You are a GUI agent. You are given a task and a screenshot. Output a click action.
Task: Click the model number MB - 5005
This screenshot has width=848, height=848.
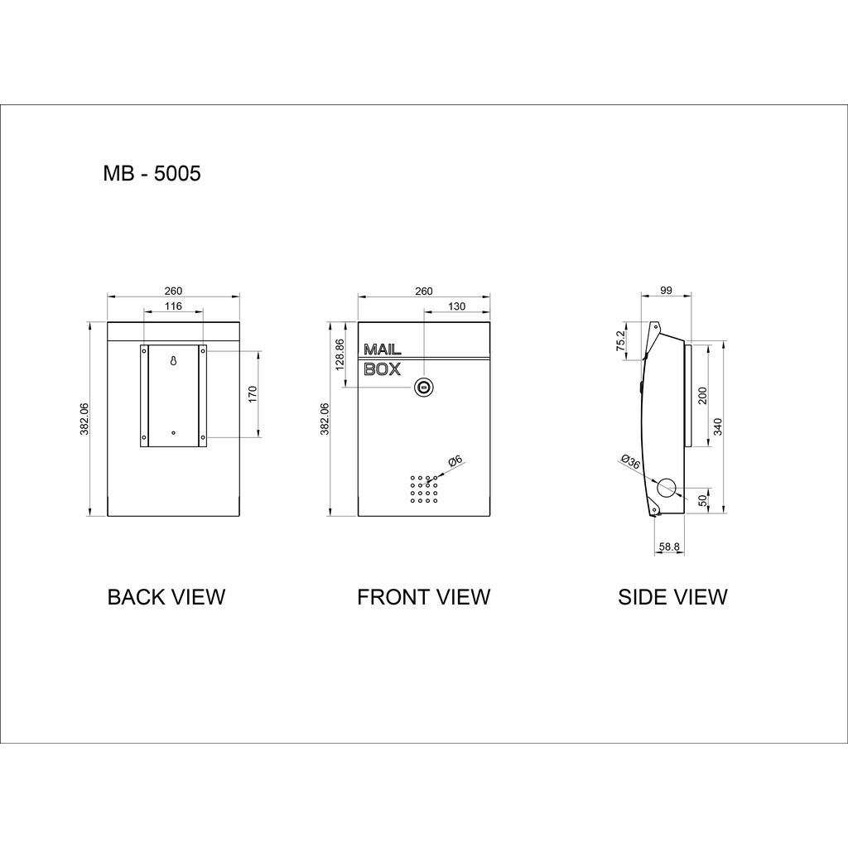(152, 174)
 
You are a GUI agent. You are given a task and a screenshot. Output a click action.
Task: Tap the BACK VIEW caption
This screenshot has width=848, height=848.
(166, 597)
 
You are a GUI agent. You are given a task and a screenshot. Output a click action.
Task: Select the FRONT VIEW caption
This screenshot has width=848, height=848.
(423, 597)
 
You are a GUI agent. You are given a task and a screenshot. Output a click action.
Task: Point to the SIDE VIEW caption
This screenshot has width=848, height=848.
(672, 597)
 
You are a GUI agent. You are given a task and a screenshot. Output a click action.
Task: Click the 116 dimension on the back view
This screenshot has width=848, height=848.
(173, 306)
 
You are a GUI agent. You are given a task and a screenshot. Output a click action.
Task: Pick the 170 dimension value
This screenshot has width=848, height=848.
(252, 394)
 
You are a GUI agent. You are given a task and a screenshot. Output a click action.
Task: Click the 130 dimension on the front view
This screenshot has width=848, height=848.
(455, 306)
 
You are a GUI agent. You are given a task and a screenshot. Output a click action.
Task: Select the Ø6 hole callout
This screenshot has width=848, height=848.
(455, 462)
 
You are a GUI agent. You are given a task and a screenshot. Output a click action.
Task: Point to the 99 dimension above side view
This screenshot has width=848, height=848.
(667, 291)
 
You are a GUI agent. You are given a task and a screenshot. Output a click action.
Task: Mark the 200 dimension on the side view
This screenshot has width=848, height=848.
(702, 394)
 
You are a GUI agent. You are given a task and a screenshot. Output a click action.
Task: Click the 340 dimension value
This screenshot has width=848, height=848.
(718, 426)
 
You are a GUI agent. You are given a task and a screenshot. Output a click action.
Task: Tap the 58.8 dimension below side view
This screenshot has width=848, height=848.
(669, 547)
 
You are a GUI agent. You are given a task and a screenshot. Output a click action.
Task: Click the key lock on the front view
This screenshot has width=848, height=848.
(423, 386)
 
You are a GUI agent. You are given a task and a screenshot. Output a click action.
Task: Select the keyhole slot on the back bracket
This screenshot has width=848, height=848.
(173, 361)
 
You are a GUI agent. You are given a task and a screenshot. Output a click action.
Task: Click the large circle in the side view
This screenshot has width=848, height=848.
(667, 487)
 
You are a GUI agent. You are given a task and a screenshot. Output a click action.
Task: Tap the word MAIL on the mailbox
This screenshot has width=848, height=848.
(383, 350)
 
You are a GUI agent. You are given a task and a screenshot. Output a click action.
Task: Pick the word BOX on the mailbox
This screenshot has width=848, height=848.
(383, 369)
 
